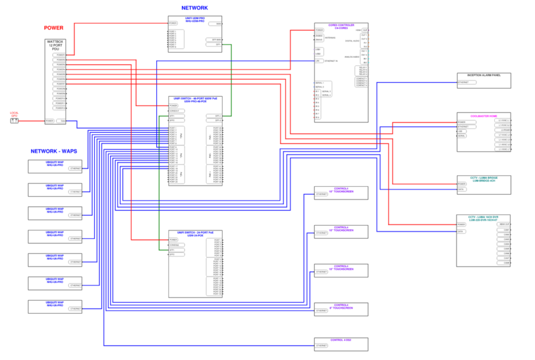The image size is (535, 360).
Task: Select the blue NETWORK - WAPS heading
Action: pyautogui.click(x=54, y=151)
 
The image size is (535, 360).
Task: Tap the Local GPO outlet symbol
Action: pyautogui.click(x=15, y=121)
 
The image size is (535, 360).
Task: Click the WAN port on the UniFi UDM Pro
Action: pyautogui.click(x=214, y=24)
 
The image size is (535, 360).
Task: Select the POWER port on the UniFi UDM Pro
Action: pyautogui.click(x=173, y=24)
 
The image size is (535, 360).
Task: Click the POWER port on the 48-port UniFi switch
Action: pyautogui.click(x=173, y=106)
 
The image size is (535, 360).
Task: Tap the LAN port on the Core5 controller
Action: pyautogui.click(x=318, y=61)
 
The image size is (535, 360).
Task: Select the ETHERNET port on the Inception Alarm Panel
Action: pyautogui.click(x=463, y=82)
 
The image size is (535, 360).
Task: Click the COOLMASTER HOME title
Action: pyautogui.click(x=484, y=116)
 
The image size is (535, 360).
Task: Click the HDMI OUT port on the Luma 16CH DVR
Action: pyautogui.click(x=504, y=224)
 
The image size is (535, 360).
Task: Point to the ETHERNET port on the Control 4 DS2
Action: pyautogui.click(x=321, y=345)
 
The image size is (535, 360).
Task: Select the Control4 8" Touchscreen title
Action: pyautogui.click(x=341, y=307)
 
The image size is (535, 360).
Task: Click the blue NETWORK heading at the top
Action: pyautogui.click(x=194, y=8)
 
